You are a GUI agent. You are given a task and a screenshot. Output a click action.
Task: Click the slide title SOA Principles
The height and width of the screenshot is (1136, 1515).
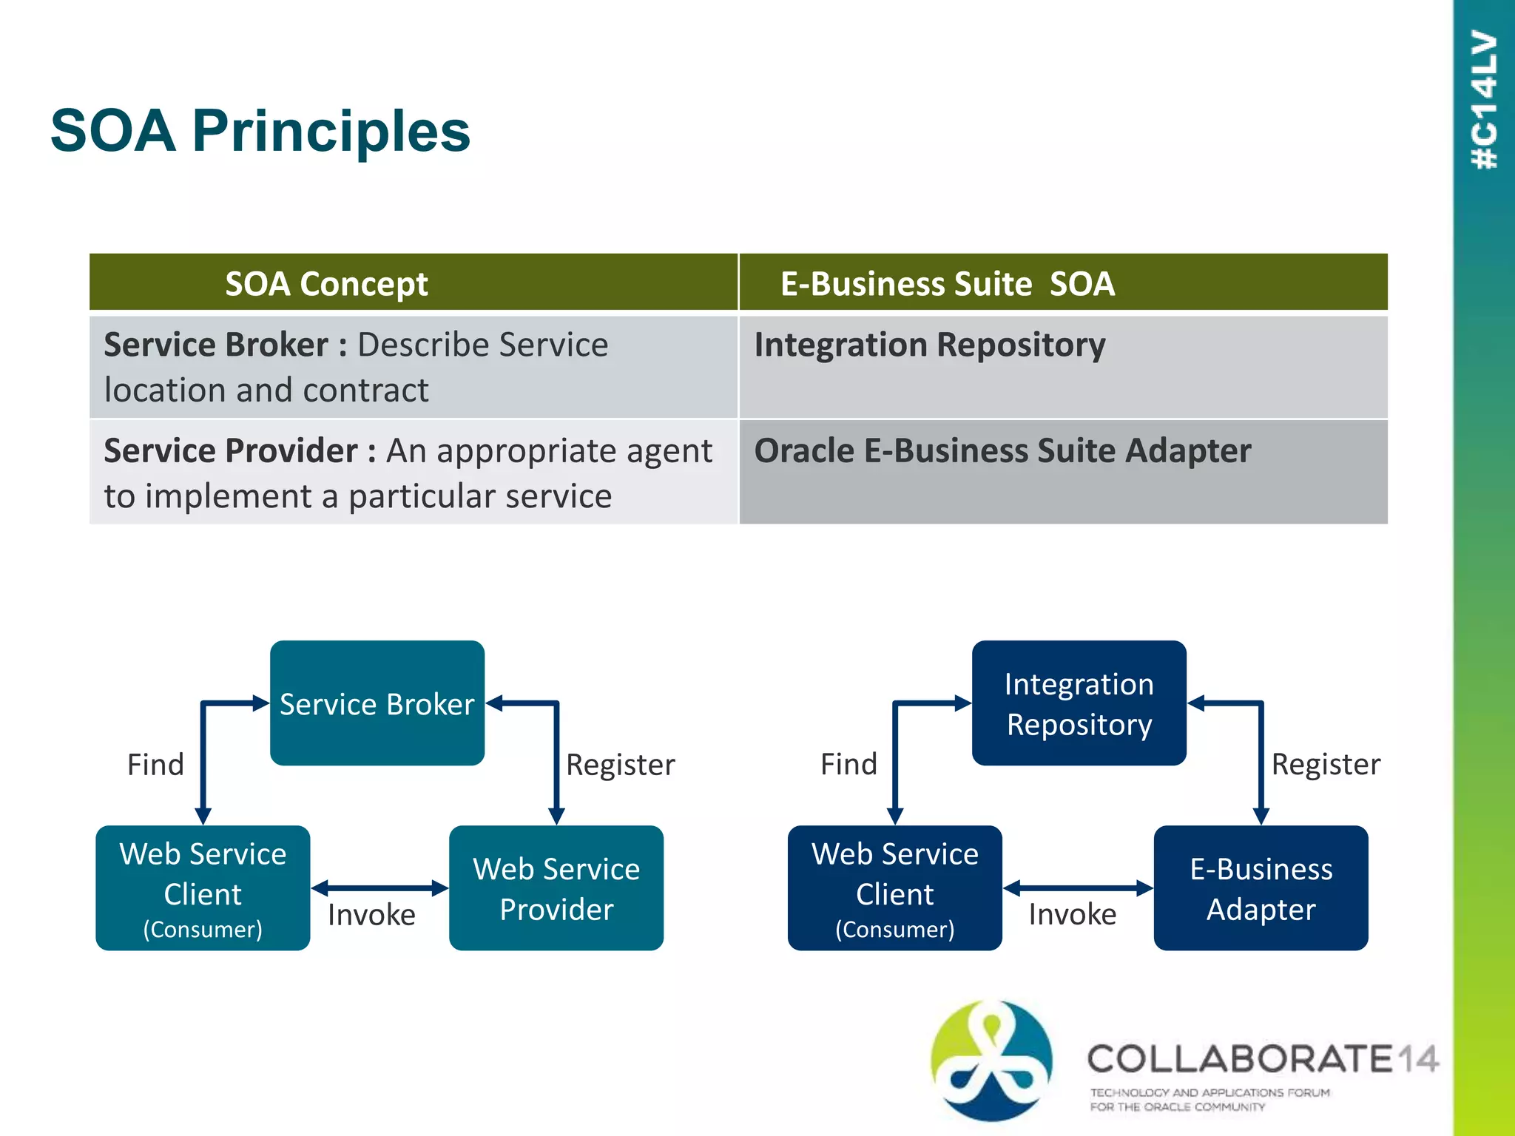(260, 131)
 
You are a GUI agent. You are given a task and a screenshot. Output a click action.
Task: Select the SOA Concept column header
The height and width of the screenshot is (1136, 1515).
(326, 284)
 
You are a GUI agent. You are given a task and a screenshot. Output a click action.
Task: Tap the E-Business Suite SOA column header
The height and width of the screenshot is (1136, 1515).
(947, 284)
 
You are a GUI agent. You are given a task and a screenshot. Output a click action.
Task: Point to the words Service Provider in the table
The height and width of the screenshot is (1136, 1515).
(231, 451)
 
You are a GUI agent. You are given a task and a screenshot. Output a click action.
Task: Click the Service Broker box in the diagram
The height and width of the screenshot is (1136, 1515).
(377, 703)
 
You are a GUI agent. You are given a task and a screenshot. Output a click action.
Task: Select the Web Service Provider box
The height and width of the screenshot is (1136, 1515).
(556, 888)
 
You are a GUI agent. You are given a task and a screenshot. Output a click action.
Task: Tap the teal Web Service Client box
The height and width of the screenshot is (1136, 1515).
(203, 888)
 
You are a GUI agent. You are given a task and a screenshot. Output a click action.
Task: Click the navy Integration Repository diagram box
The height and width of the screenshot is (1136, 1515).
(1079, 703)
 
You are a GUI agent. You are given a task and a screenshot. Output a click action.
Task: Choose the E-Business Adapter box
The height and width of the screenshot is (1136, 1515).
(1261, 888)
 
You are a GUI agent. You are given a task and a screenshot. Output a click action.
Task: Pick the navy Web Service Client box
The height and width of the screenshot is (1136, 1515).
(894, 888)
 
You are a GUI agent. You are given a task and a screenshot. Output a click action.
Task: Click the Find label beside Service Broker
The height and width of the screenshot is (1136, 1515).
(155, 765)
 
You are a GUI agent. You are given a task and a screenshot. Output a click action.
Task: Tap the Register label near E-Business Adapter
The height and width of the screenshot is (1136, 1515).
(1326, 765)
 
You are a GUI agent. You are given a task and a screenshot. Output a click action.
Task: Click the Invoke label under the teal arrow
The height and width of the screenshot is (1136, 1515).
(371, 916)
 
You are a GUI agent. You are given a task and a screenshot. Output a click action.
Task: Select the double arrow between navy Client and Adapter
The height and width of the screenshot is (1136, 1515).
(1078, 887)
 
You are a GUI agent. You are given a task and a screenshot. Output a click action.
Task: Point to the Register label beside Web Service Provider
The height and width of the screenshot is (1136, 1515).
(620, 765)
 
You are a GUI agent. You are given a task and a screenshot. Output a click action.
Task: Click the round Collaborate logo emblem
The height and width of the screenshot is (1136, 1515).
(991, 1060)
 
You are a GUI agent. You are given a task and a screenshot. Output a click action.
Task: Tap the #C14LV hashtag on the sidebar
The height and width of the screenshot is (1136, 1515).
(1485, 100)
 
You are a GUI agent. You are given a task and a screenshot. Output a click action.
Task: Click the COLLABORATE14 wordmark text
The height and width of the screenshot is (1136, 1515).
(1262, 1059)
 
